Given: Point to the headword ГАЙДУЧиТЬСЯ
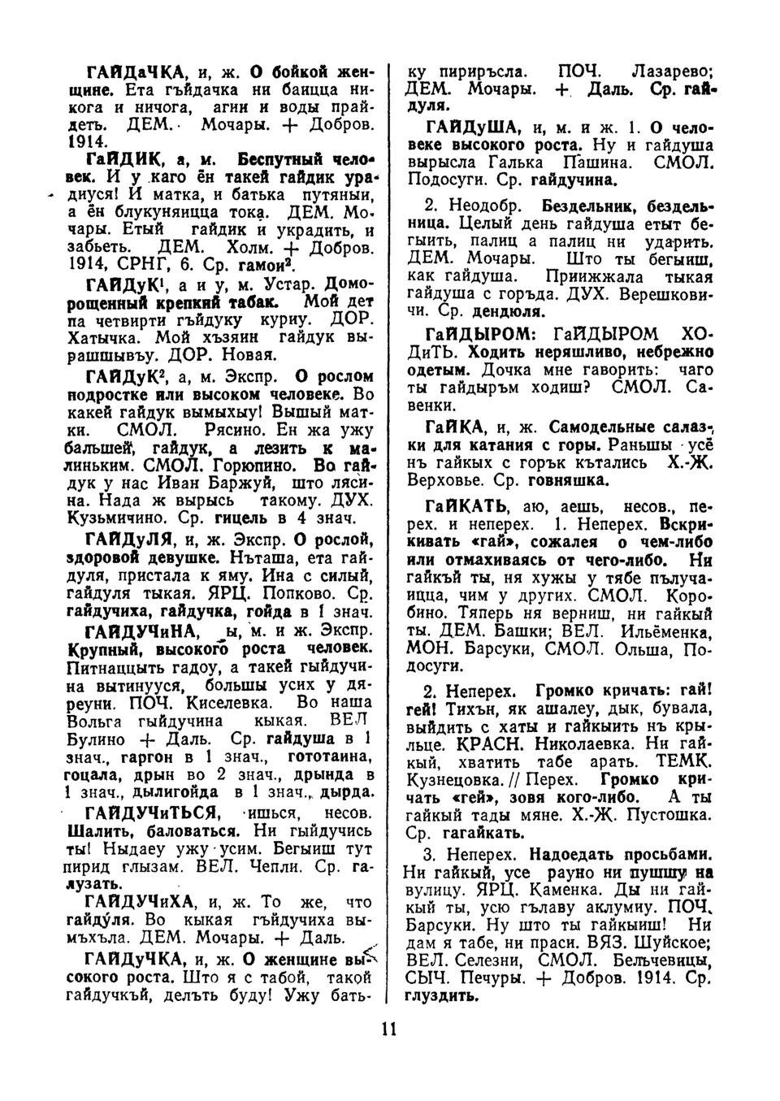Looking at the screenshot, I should [x=149, y=813].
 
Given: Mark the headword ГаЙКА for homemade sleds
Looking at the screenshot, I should [x=457, y=427].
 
